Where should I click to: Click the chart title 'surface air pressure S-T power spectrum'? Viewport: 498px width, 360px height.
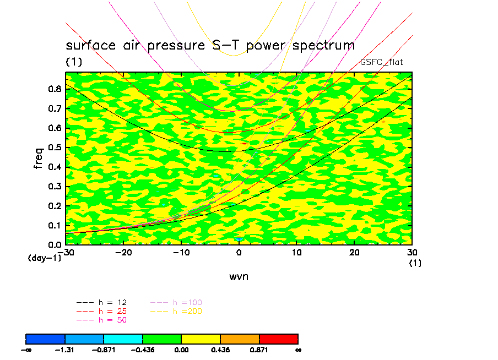(x=210, y=45)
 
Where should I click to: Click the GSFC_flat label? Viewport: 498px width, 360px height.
(x=381, y=62)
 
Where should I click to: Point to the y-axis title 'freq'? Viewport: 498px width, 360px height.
(x=39, y=158)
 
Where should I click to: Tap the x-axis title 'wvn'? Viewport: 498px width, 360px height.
(x=239, y=276)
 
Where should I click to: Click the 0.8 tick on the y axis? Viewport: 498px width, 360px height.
(x=55, y=89)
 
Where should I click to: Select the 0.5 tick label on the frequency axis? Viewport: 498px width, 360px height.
(x=55, y=148)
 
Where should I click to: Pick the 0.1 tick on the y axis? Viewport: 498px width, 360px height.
(x=55, y=225)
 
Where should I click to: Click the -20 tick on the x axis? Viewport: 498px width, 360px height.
(x=123, y=252)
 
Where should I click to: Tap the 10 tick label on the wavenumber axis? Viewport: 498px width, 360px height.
(x=296, y=252)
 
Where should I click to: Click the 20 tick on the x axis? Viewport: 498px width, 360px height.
(x=354, y=252)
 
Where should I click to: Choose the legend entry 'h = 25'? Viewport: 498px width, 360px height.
(x=110, y=312)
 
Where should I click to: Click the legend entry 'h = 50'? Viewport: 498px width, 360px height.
(x=110, y=320)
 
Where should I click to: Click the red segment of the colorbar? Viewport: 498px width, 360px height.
(x=278, y=339)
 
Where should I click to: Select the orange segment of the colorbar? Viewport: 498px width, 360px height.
(x=240, y=339)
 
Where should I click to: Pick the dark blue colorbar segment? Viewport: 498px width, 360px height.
(x=46, y=339)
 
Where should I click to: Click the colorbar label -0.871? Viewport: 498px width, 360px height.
(x=104, y=350)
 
